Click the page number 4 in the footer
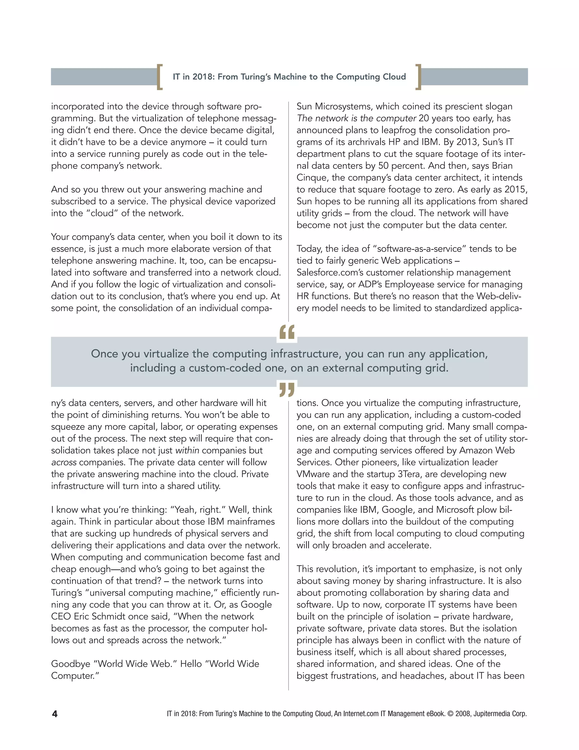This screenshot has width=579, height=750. (x=55, y=714)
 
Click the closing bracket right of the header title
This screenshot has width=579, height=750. (x=418, y=77)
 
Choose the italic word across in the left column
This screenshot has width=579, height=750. (x=64, y=462)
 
